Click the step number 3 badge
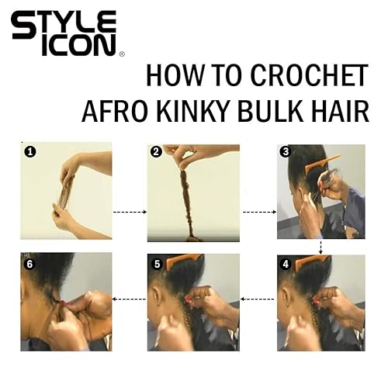286,153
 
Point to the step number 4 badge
286,263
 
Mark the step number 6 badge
29,263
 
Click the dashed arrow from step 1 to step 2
129,210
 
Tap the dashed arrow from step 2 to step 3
257,210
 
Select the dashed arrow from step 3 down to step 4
320,247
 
